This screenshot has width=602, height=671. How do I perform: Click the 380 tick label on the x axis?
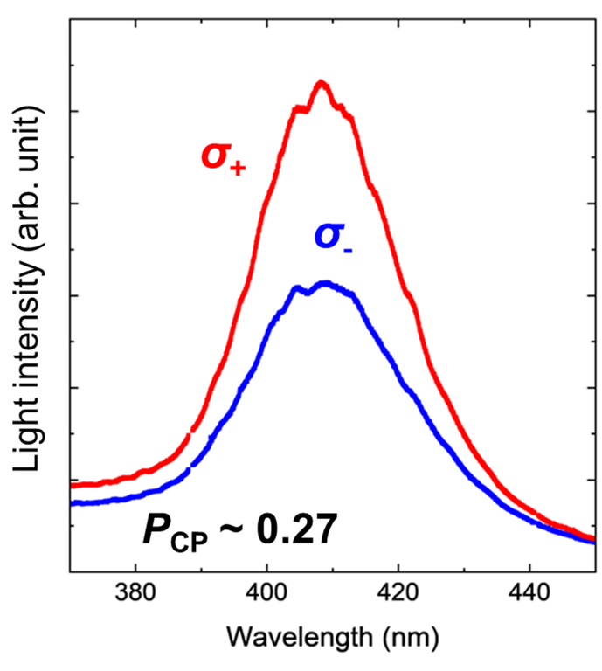click(x=135, y=591)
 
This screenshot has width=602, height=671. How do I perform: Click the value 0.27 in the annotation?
click(x=292, y=529)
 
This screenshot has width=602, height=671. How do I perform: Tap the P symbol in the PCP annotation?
click(x=155, y=529)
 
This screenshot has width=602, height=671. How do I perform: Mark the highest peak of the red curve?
click(x=322, y=82)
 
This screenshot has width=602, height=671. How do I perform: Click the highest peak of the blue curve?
click(x=325, y=283)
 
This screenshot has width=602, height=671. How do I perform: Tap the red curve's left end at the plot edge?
click(x=72, y=485)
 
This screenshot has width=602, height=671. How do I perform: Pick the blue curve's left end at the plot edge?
click(x=72, y=503)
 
